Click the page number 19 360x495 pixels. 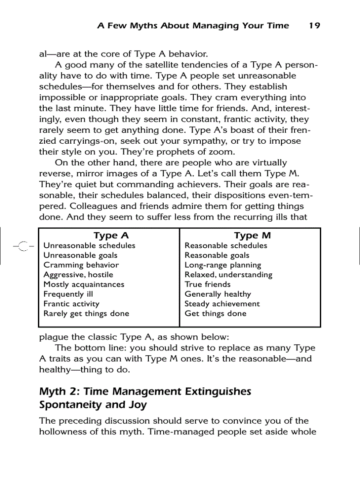[314, 26]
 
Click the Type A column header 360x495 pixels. [111, 236]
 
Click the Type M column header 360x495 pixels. [252, 236]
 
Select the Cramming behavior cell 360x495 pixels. [81, 265]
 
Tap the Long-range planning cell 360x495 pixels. [223, 265]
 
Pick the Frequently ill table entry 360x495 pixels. [68, 294]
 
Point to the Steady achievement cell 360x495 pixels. [222, 304]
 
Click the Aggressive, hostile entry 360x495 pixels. [78, 275]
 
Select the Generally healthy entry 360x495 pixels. [217, 294]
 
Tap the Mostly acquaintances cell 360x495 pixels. [84, 285]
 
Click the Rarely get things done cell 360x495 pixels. [86, 314]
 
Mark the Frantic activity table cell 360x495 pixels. [71, 304]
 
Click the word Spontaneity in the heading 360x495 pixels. [70, 405]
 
